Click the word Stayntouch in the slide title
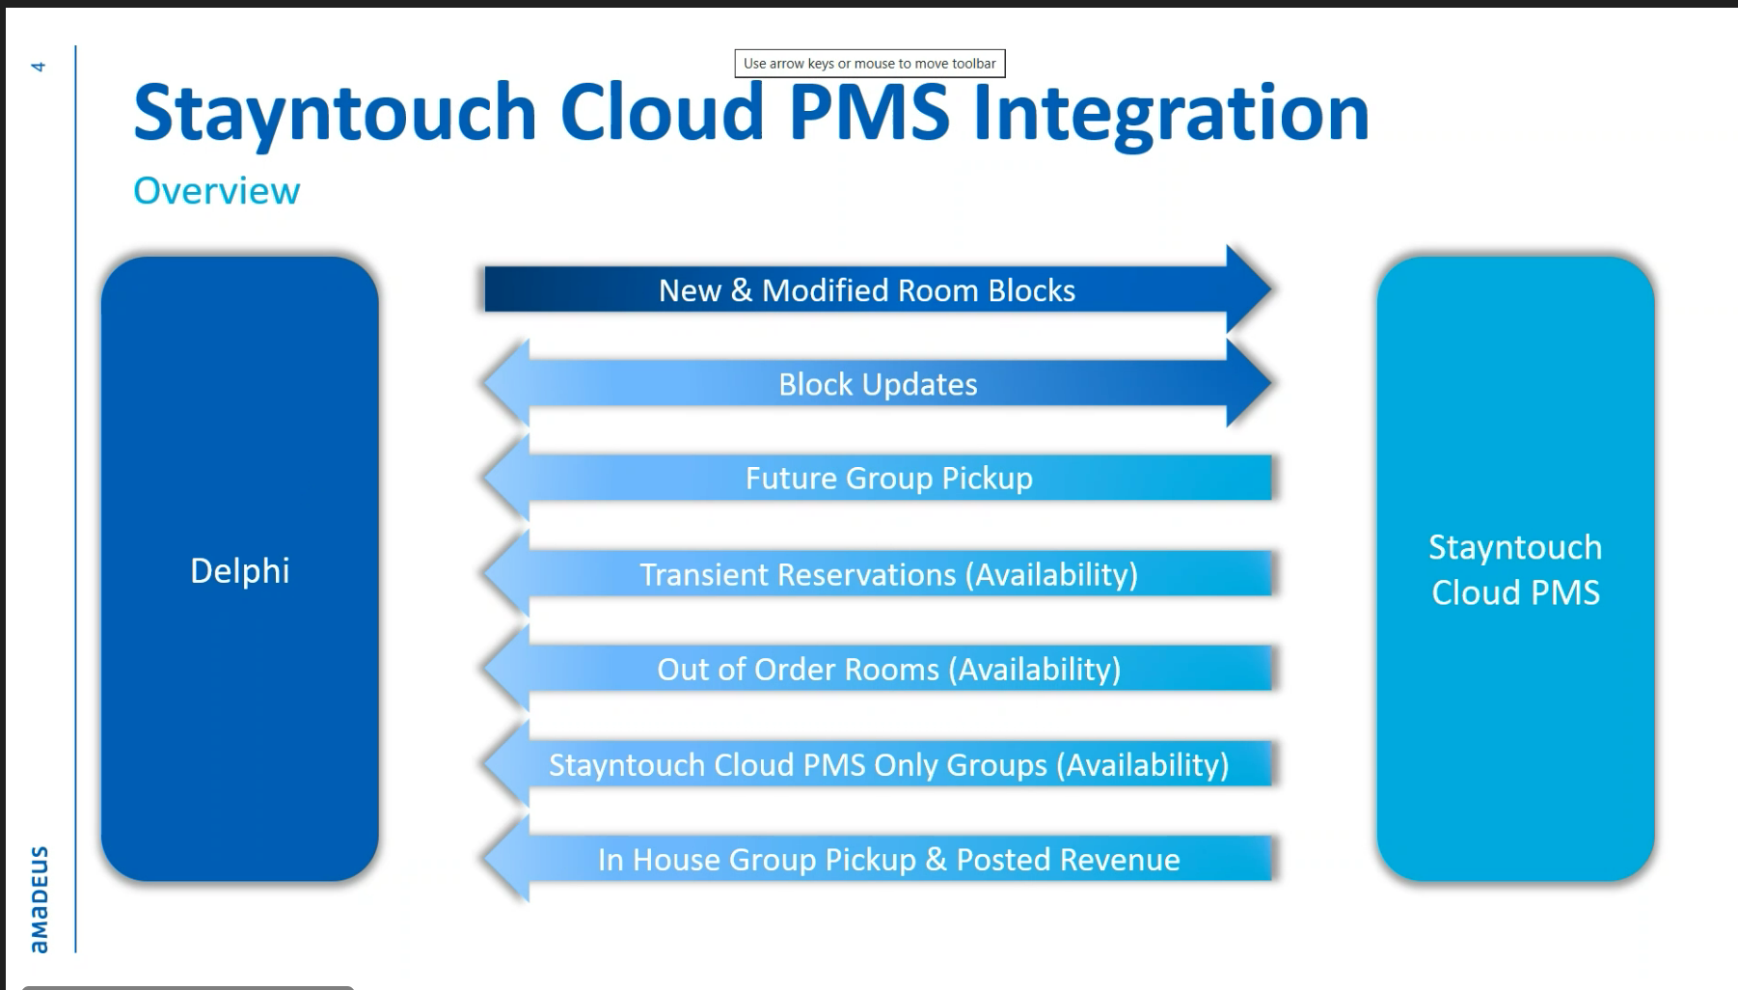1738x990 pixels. tap(334, 113)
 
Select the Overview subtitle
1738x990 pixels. tap(216, 191)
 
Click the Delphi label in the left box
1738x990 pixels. tap(239, 570)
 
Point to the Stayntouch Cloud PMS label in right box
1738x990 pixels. tap(1515, 569)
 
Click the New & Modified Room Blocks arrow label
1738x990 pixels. tap(866, 290)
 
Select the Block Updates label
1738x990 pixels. tap(878, 384)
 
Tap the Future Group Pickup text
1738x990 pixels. tap(888, 478)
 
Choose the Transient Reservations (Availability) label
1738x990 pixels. tap(888, 574)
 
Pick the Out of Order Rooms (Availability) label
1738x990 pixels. tap(888, 669)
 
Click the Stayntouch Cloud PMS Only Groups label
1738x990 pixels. tap(888, 764)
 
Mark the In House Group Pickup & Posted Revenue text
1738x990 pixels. tap(888, 859)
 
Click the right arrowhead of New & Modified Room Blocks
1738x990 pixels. tap(1249, 289)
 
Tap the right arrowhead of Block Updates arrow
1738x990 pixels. tap(1249, 382)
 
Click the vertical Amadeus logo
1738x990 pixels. tap(39, 899)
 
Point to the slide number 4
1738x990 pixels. tap(39, 67)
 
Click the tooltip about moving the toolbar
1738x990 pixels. tap(869, 64)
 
